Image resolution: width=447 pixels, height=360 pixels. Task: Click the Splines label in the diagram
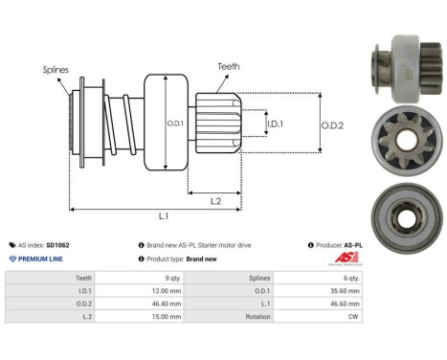point(54,70)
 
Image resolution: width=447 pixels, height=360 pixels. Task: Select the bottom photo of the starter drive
point(396,199)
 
